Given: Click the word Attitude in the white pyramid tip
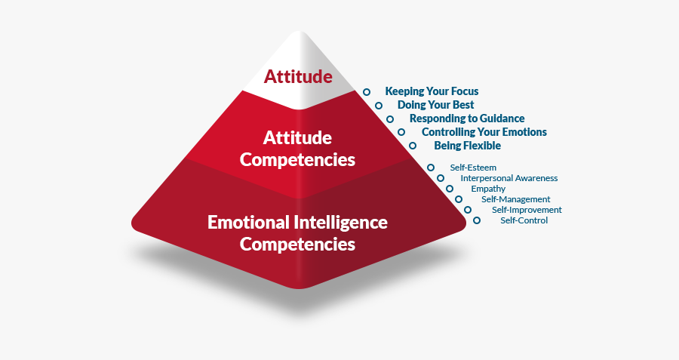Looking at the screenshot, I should click(298, 76).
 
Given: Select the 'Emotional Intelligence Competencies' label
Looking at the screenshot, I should click(297, 233).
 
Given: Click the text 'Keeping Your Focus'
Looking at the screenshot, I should click(432, 91).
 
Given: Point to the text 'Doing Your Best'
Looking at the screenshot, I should click(436, 105).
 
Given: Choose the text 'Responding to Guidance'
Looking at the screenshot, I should click(467, 118).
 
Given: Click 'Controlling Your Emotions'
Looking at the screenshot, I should click(484, 132).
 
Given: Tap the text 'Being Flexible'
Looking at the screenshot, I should click(468, 145).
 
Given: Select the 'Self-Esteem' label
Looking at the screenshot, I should click(473, 167).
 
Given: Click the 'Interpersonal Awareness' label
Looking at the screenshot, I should click(509, 178).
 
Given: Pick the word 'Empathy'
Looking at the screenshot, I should click(488, 189).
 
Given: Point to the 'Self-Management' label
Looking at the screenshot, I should click(516, 199).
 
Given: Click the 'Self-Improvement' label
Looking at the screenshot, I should click(527, 210).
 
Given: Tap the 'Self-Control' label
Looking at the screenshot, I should click(524, 220).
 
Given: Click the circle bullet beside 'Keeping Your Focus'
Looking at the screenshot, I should click(367, 92).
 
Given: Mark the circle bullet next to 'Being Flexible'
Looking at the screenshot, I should click(412, 145).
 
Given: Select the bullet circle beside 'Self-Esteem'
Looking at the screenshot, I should click(431, 168).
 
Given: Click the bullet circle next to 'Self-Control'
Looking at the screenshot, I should click(476, 220).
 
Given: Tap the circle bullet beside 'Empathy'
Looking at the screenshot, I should click(450, 189).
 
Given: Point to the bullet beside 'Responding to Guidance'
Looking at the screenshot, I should click(390, 119).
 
